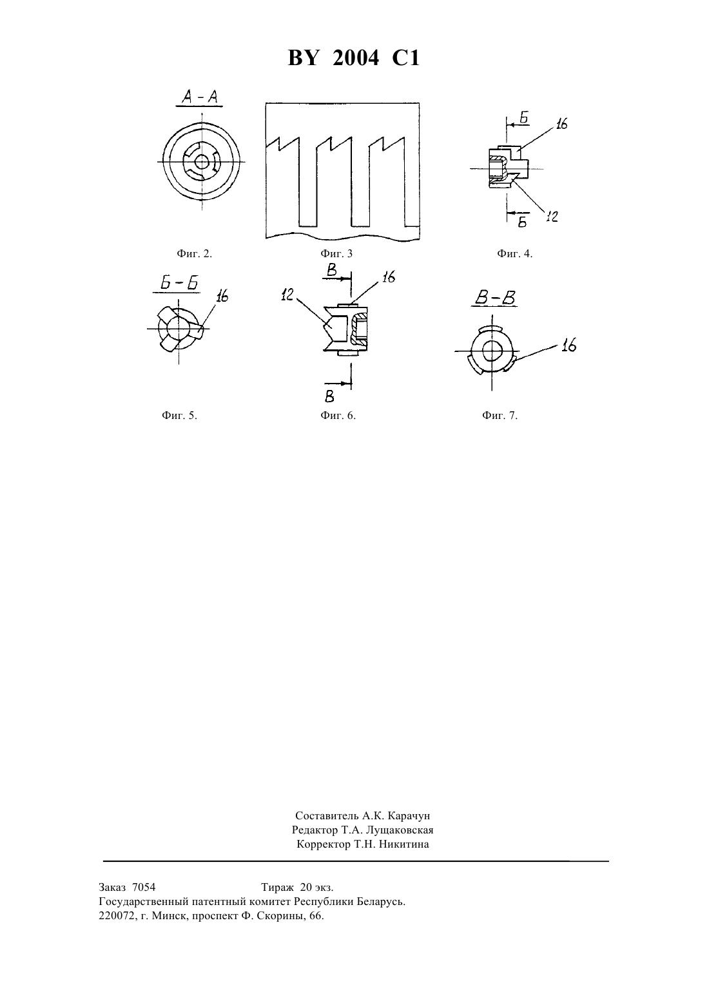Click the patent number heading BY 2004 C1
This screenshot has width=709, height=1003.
tap(354, 58)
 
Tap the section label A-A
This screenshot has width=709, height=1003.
tap(200, 97)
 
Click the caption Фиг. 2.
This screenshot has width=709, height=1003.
tap(194, 254)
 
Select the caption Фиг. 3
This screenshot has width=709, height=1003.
tap(336, 254)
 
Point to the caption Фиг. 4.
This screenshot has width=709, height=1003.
tap(515, 254)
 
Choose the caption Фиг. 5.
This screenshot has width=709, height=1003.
tap(179, 416)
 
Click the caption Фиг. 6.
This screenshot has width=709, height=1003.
tap(338, 416)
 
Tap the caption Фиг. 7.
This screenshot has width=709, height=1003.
tap(500, 416)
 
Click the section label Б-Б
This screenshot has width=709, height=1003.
tap(179, 284)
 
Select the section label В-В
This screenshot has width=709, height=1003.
tap(495, 298)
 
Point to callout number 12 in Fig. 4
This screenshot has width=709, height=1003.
tap(552, 217)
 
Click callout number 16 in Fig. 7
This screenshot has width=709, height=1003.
tap(569, 346)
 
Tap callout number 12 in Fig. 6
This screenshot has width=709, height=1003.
tap(287, 295)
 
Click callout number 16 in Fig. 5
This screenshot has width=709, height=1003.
tap(222, 296)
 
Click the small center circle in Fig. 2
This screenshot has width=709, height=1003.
tap(202, 162)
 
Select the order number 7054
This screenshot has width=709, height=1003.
tap(144, 887)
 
